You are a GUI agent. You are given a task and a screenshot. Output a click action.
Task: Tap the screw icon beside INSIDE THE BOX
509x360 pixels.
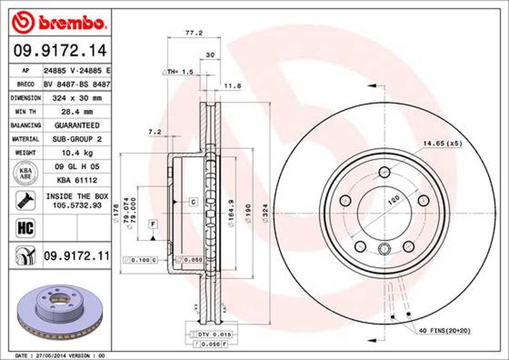23,201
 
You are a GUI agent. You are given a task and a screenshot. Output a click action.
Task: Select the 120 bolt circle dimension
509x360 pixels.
394,200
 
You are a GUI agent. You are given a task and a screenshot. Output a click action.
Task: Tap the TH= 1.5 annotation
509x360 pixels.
179,72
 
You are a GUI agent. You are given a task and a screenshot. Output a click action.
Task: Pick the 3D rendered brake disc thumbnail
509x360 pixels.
57,308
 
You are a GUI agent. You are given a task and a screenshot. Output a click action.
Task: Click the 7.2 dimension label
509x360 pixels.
153,132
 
